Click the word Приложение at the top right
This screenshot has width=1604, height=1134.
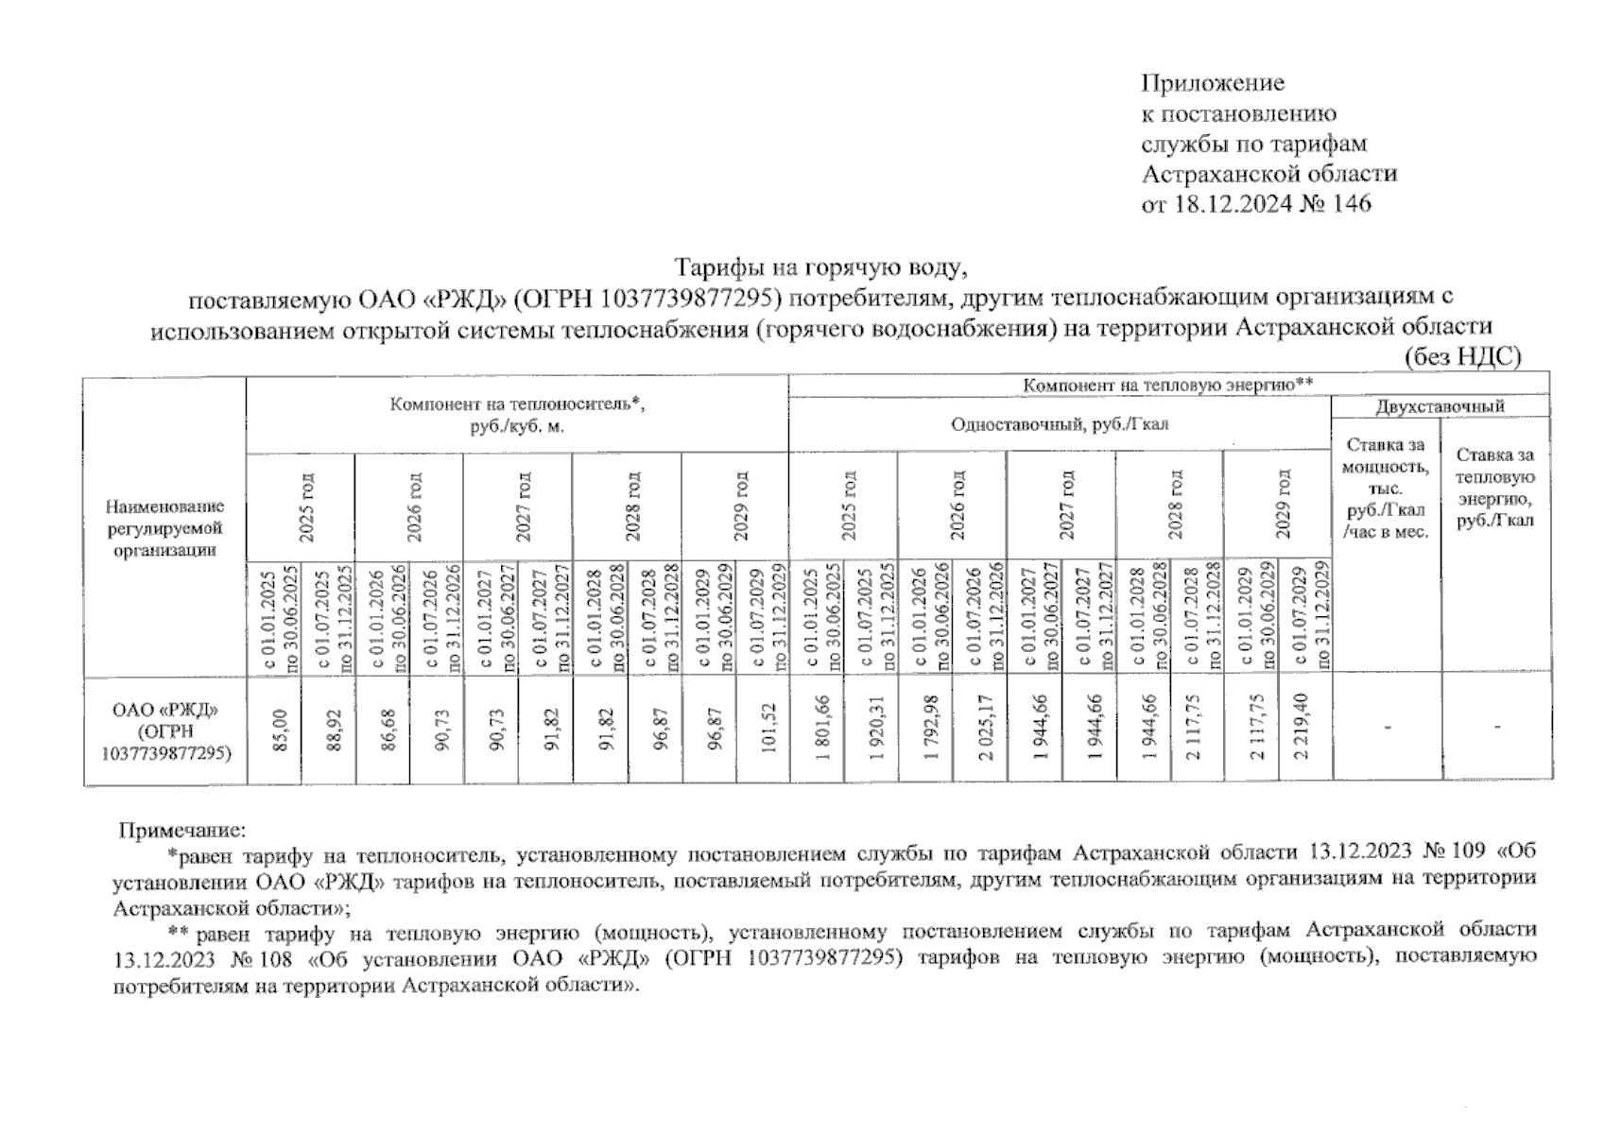1213,83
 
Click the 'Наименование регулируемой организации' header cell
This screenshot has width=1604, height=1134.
164,528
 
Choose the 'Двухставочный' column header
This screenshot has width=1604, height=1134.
1440,406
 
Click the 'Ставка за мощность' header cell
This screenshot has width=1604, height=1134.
1386,488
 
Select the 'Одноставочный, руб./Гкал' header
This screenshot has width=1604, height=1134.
1060,424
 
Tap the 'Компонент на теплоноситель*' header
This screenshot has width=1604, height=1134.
517,415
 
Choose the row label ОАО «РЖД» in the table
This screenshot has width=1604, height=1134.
164,709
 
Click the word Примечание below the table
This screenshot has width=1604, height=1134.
181,832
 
